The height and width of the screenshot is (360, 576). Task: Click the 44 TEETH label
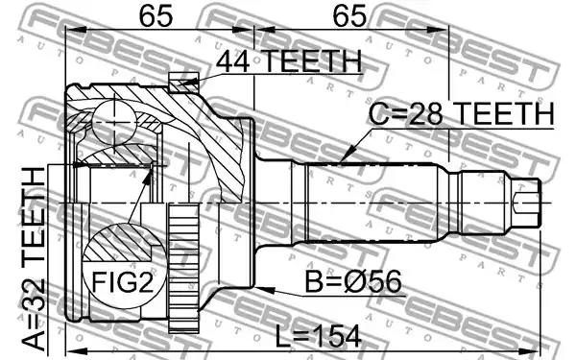coord(289,61)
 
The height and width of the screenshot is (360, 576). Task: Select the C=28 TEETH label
coord(462,113)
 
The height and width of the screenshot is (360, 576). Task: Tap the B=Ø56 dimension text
coord(353,281)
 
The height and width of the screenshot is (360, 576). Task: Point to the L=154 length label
coord(318,337)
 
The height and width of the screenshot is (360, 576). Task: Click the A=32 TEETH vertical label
coord(34,258)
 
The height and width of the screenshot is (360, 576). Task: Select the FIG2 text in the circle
coord(122,282)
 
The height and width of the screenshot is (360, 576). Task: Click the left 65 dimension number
coord(156,15)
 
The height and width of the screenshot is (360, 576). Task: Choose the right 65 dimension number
coord(349,15)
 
